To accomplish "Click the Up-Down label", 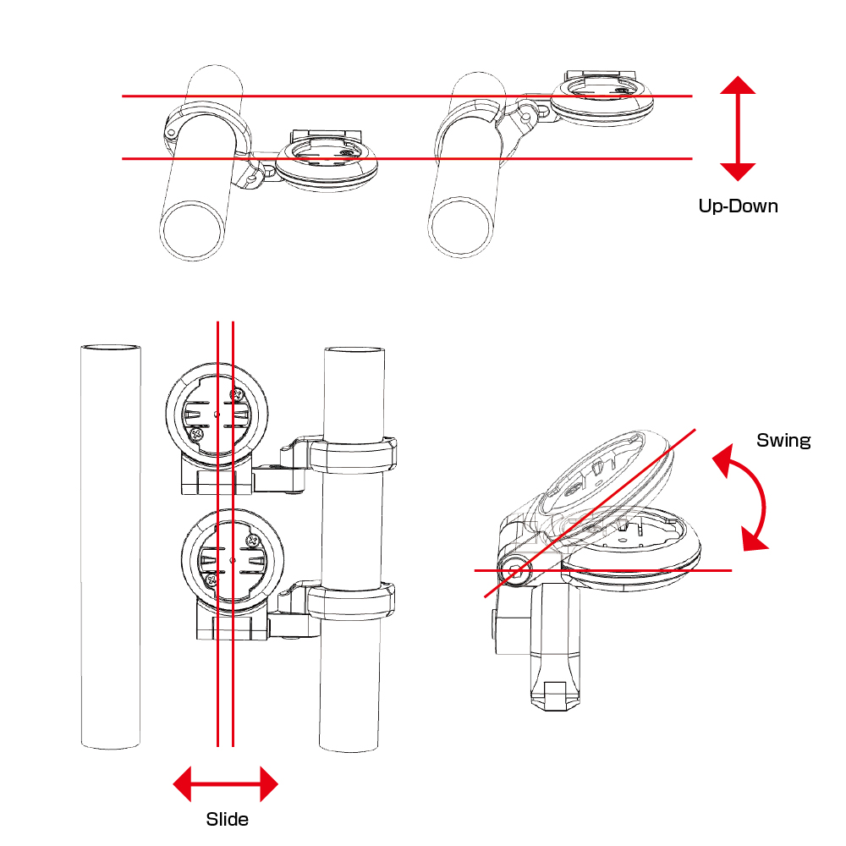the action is [738, 206].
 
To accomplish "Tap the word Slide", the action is [227, 819].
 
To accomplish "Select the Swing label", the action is [783, 440].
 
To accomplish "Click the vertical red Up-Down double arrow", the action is [738, 129].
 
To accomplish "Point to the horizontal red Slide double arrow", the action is [226, 784].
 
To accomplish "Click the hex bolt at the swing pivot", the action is [514, 570].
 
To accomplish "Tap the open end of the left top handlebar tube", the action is [192, 230].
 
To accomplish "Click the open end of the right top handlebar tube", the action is [461, 226].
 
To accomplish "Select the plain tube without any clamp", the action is [111, 546].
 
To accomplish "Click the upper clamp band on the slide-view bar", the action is [352, 455].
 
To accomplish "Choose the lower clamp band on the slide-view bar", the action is [351, 600].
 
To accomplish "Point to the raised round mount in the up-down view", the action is [602, 101].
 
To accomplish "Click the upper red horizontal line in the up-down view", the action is [408, 96].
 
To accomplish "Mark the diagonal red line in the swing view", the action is [590, 514].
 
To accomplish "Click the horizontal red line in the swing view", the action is [602, 570].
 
